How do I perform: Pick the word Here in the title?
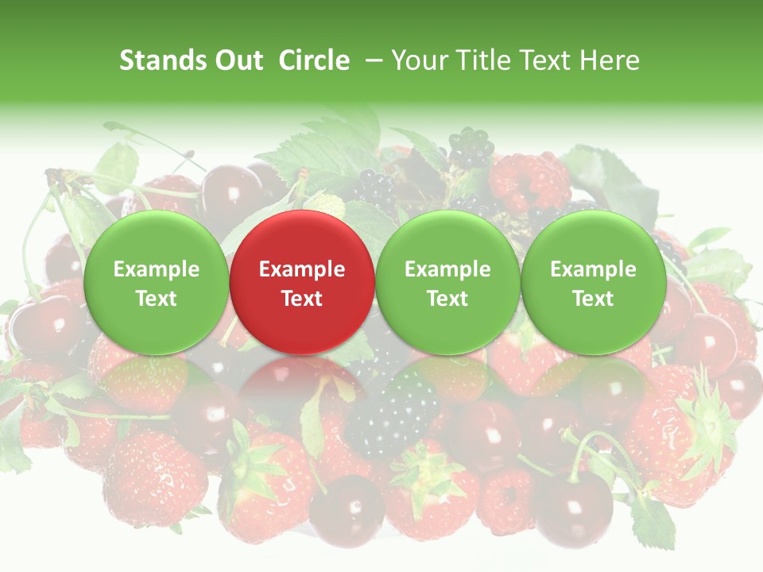point(609,60)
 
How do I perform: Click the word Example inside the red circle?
point(302,269)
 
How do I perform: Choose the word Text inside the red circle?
point(302,299)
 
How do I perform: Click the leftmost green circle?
point(156,282)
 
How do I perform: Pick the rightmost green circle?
point(593,282)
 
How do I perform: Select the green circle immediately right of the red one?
point(447,282)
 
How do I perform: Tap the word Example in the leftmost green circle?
point(156,269)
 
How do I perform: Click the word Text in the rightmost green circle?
point(593,299)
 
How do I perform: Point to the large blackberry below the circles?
point(392,413)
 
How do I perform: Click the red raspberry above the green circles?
point(529,181)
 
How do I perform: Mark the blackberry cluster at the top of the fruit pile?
point(471,147)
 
